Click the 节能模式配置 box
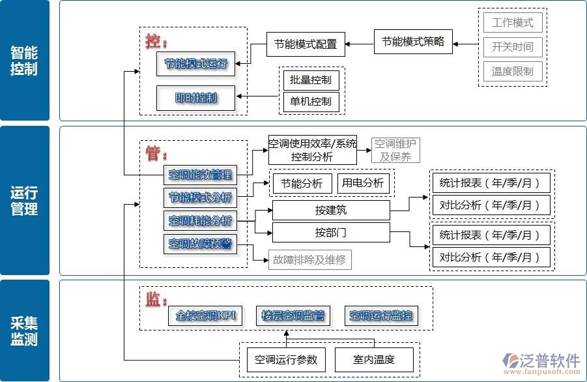click(x=306, y=44)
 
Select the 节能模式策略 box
click(x=413, y=42)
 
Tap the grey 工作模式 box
click(x=513, y=23)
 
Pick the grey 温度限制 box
click(x=513, y=71)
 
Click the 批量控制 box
click(x=311, y=81)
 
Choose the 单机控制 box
click(x=311, y=101)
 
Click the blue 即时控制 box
click(x=195, y=98)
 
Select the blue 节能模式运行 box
click(x=195, y=64)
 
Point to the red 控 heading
click(x=155, y=40)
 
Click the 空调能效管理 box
click(x=200, y=174)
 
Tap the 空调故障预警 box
click(x=200, y=244)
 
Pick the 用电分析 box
click(x=362, y=183)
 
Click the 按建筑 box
click(x=331, y=210)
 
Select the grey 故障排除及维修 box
click(x=309, y=259)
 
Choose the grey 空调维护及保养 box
click(x=396, y=150)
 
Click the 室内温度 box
click(x=374, y=359)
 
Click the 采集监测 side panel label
click(x=24, y=331)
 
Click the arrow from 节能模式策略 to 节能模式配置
click(x=360, y=44)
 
